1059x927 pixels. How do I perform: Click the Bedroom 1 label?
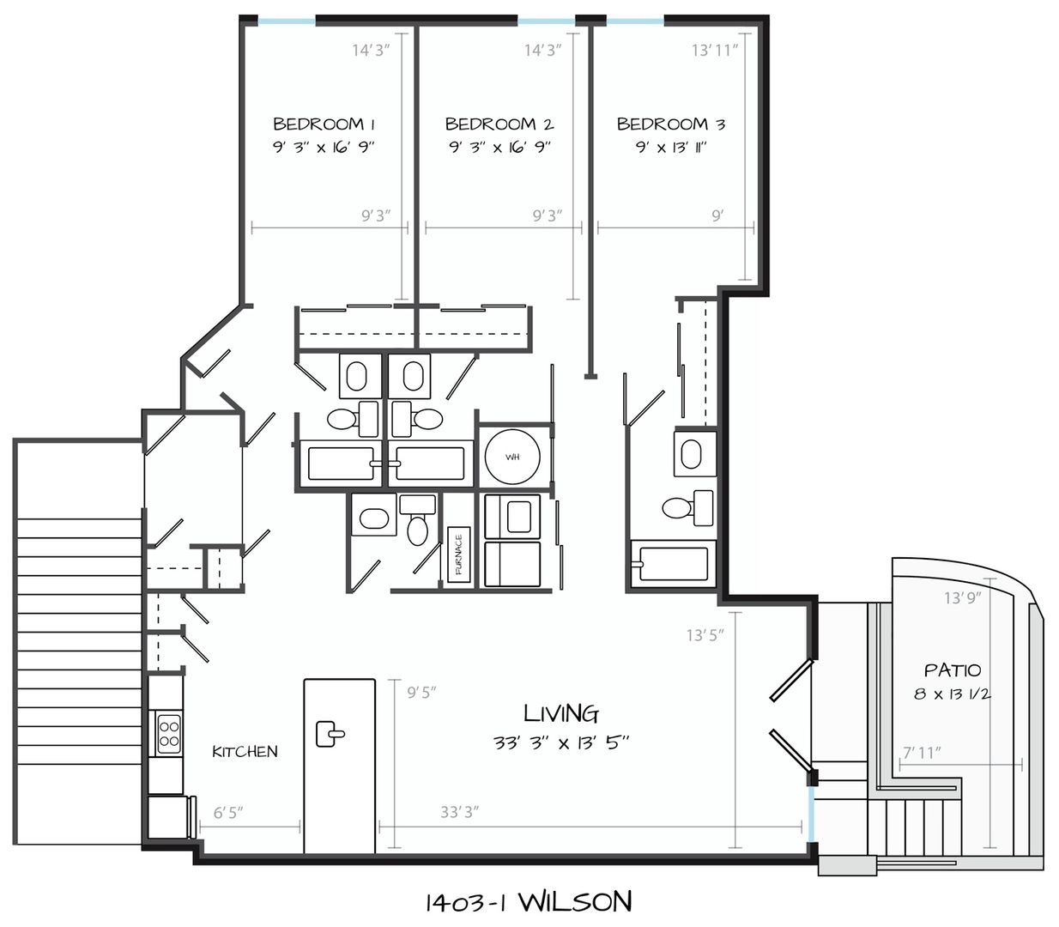324,124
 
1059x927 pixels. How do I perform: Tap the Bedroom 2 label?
499,124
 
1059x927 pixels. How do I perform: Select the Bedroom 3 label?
671,124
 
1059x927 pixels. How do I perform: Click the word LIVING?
561,714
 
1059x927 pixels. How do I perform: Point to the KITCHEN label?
245,752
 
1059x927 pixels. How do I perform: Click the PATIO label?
953,671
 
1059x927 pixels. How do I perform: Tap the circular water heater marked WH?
512,457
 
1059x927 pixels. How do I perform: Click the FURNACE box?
458,554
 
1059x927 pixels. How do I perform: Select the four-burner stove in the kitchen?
169,734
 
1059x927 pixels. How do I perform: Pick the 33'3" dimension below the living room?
460,812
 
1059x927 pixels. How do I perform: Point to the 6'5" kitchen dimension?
228,813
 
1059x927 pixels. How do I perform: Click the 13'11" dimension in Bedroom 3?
715,50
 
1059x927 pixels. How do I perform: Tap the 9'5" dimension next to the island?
422,693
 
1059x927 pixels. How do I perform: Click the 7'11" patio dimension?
922,753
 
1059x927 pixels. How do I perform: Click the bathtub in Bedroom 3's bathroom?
674,564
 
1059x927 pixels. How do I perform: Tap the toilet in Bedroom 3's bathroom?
688,507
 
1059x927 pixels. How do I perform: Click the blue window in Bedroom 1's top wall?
287,21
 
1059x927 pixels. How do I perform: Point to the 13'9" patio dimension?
963,598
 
